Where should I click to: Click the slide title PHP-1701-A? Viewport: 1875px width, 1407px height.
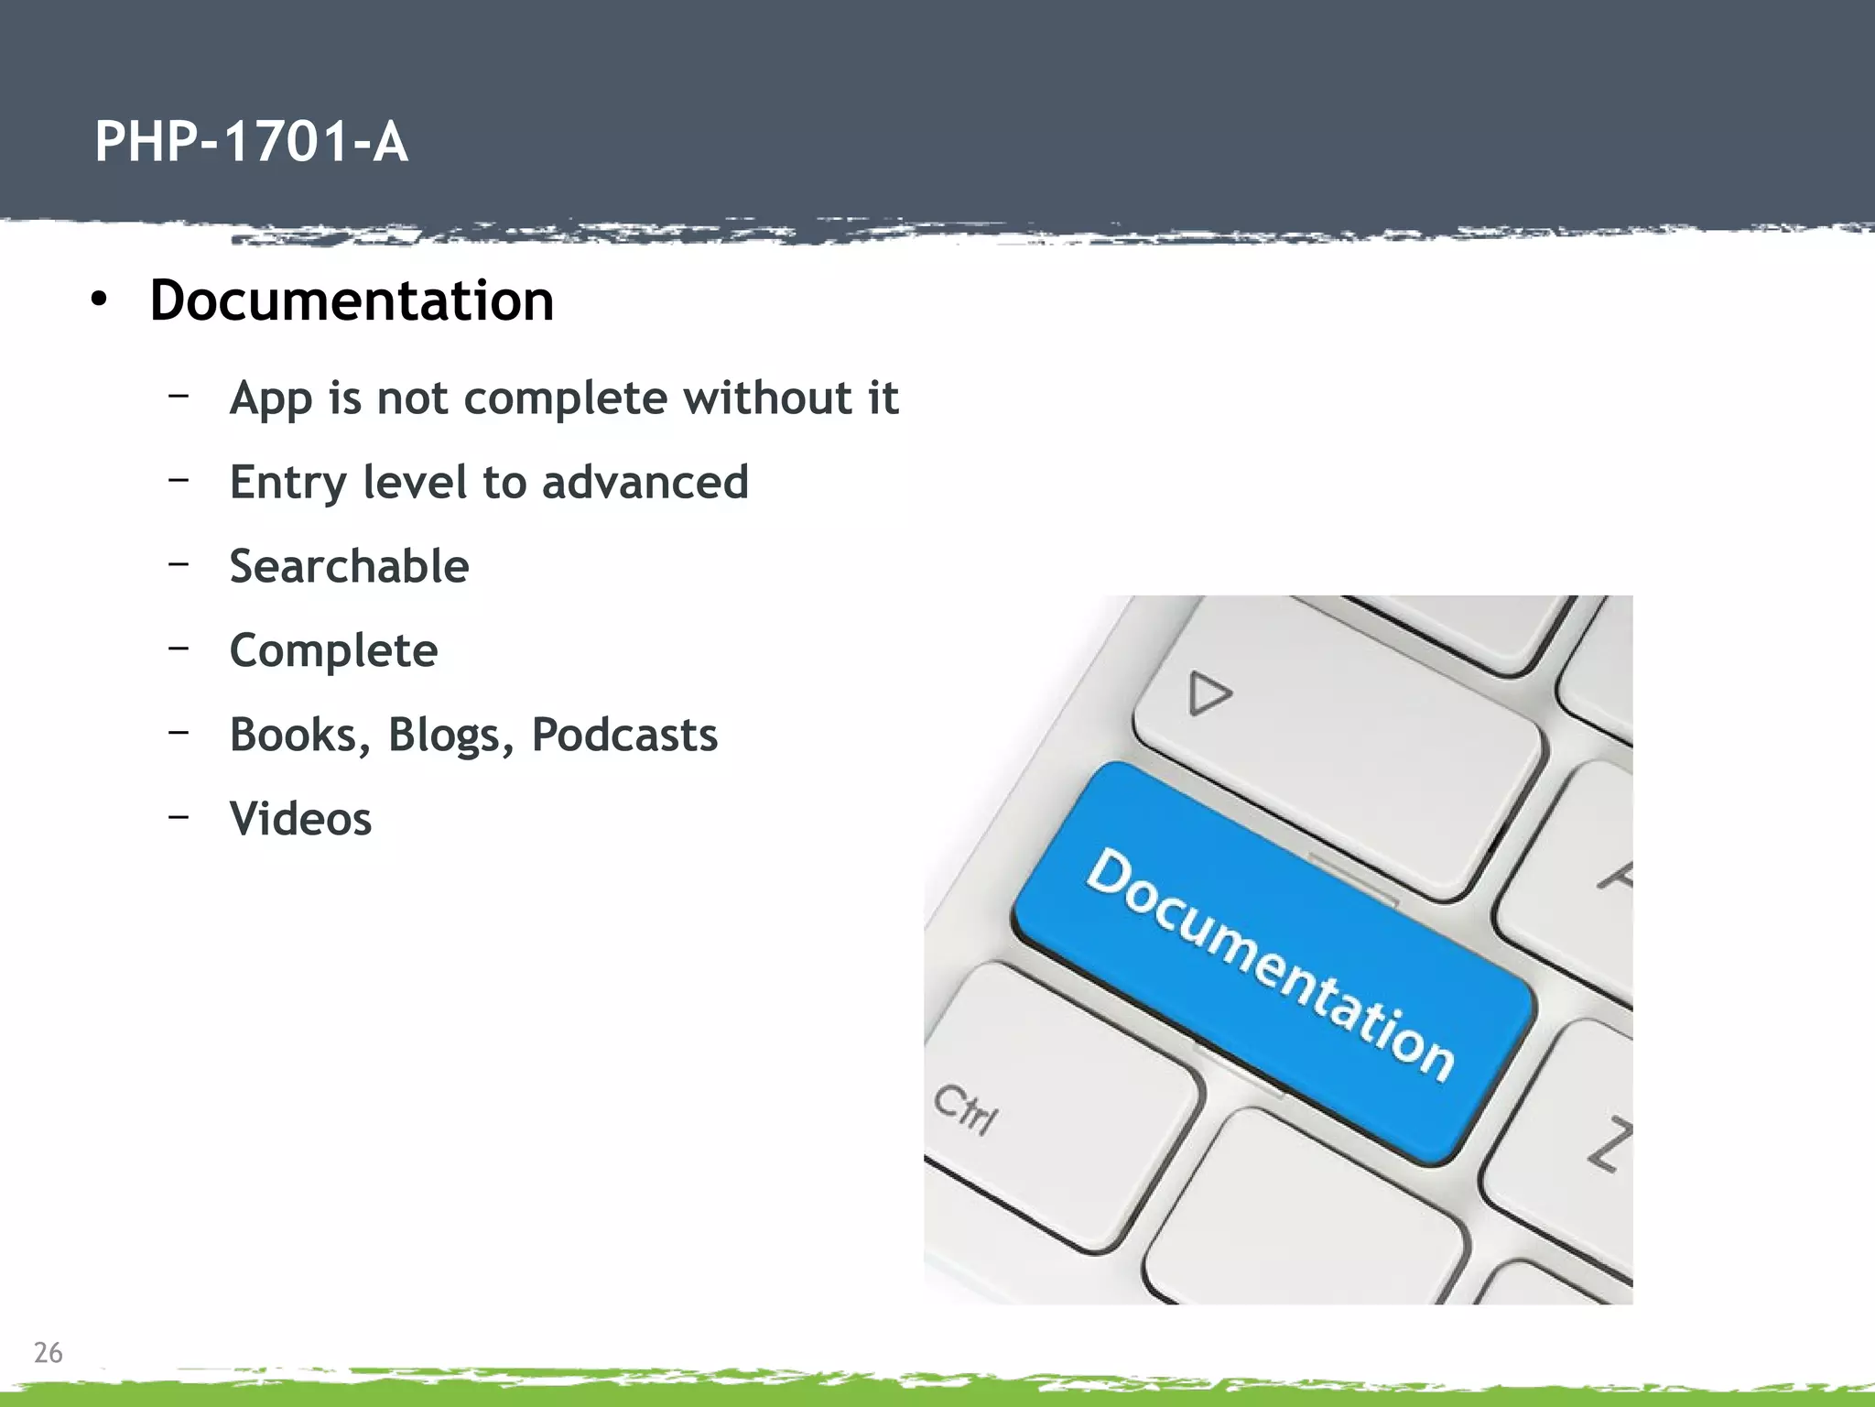tap(251, 143)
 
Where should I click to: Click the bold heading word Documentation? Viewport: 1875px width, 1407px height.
tap(352, 300)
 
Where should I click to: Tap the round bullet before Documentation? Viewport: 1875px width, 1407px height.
tap(99, 300)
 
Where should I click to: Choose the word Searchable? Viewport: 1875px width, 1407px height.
tap(349, 566)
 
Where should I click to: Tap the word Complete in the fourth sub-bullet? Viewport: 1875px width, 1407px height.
tap(333, 651)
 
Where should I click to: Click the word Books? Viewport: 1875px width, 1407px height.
tap(299, 736)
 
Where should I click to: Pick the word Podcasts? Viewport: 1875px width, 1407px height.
tap(624, 735)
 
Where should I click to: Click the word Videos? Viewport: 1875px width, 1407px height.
tap(300, 819)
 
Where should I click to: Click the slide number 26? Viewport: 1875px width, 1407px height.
tap(48, 1352)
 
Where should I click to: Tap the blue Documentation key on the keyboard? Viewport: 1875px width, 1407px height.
tap(1273, 962)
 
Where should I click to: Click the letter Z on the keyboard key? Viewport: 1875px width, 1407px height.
tap(1609, 1145)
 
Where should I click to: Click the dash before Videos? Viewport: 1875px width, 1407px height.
tap(179, 815)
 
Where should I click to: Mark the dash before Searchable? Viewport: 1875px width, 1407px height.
tap(179, 562)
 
